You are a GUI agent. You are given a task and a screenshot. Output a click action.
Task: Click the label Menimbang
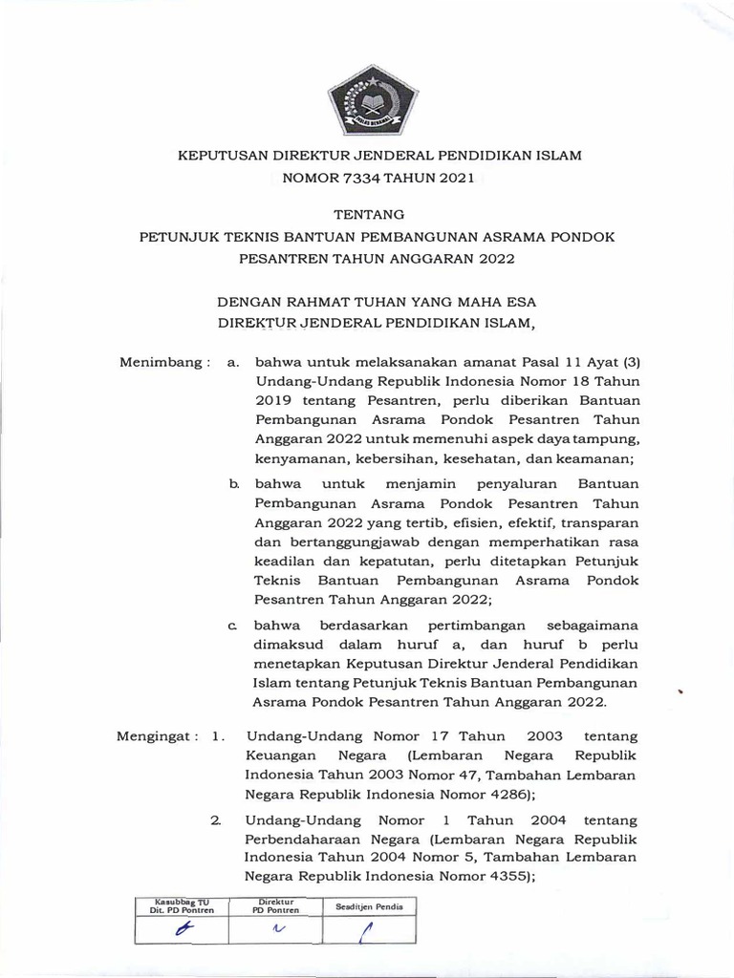pyautogui.click(x=158, y=362)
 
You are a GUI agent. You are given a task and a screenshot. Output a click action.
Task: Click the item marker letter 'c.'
pyautogui.click(x=232, y=625)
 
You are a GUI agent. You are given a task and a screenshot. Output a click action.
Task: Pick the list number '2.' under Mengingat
pyautogui.click(x=216, y=819)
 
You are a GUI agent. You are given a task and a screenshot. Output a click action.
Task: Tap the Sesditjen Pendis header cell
pyautogui.click(x=368, y=905)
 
